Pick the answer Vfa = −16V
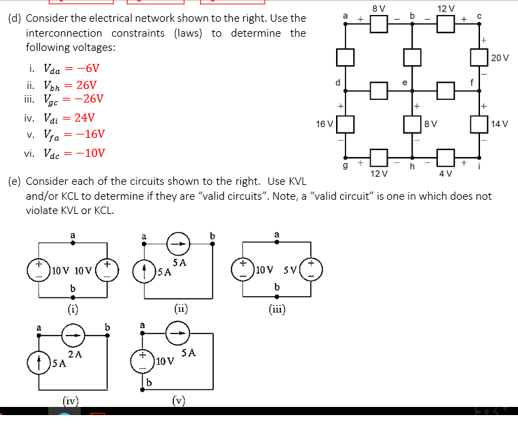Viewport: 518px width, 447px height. tap(74, 135)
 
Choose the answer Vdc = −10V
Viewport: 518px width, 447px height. tap(74, 153)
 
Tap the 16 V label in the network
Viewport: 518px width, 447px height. tap(325, 124)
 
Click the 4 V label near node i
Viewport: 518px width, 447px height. tap(445, 174)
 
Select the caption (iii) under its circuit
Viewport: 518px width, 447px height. tap(277, 308)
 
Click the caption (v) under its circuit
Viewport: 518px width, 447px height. tap(179, 399)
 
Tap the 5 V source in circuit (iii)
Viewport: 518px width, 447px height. tap(311, 265)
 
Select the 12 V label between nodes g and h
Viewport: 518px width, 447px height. tap(380, 174)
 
